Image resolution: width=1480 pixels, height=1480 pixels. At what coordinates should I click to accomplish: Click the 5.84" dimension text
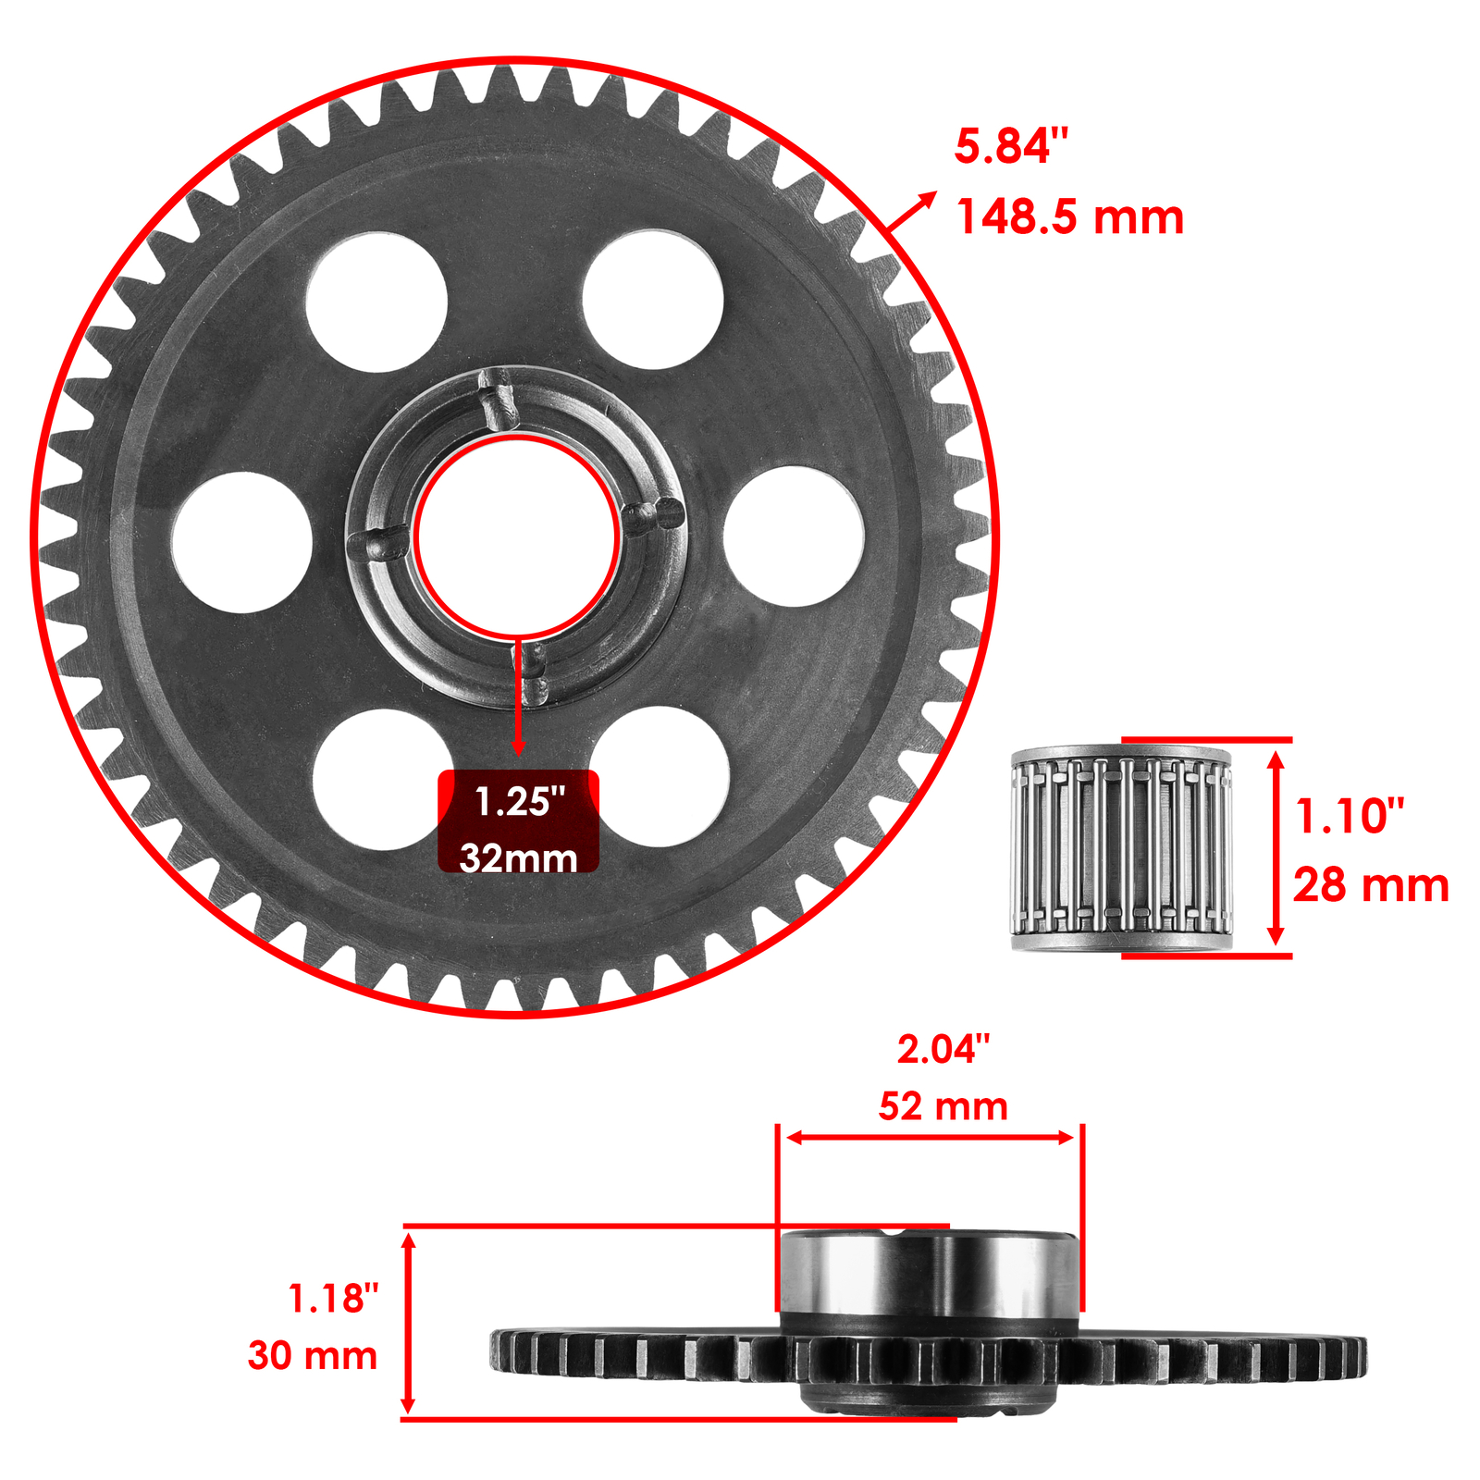pyautogui.click(x=1010, y=148)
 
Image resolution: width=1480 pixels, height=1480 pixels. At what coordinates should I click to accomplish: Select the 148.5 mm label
pyautogui.click(x=1069, y=218)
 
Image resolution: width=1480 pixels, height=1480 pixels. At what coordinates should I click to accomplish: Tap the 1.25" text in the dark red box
pyautogui.click(x=519, y=801)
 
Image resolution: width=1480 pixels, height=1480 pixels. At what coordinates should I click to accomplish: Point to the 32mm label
pyautogui.click(x=518, y=857)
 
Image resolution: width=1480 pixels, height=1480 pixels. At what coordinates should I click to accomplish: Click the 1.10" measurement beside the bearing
pyautogui.click(x=1349, y=816)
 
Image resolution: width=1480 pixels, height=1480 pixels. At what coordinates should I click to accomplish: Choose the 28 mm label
pyautogui.click(x=1370, y=885)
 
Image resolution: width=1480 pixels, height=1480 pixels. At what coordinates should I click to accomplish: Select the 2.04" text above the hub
pyautogui.click(x=943, y=1049)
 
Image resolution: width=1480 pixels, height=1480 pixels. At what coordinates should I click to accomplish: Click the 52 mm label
pyautogui.click(x=943, y=1106)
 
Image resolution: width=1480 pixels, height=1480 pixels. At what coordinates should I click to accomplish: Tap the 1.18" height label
pyautogui.click(x=333, y=1298)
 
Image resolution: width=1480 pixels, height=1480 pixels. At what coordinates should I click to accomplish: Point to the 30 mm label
pyautogui.click(x=313, y=1355)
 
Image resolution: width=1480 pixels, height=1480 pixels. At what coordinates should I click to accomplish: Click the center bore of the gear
pyautogui.click(x=516, y=539)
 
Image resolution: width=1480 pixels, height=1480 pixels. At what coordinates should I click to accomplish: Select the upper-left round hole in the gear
pyautogui.click(x=376, y=302)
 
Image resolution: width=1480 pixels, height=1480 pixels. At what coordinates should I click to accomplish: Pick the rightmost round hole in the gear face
pyautogui.click(x=794, y=536)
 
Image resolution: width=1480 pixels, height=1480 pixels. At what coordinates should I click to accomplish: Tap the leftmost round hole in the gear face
pyautogui.click(x=242, y=542)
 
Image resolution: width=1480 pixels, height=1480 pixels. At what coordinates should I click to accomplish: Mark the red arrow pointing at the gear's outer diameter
pyautogui.click(x=911, y=212)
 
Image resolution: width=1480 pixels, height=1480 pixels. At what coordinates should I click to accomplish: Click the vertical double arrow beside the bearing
pyautogui.click(x=1276, y=848)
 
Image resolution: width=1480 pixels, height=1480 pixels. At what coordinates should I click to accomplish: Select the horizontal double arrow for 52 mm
pyautogui.click(x=930, y=1137)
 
